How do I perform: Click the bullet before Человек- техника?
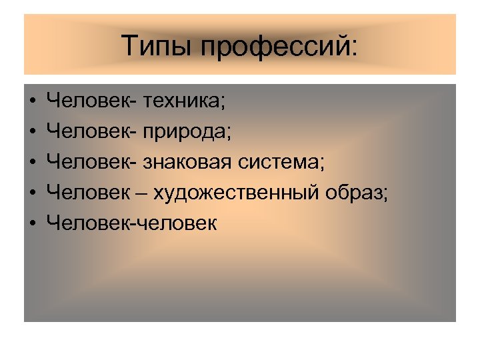33,102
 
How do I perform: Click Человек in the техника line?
87,101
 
